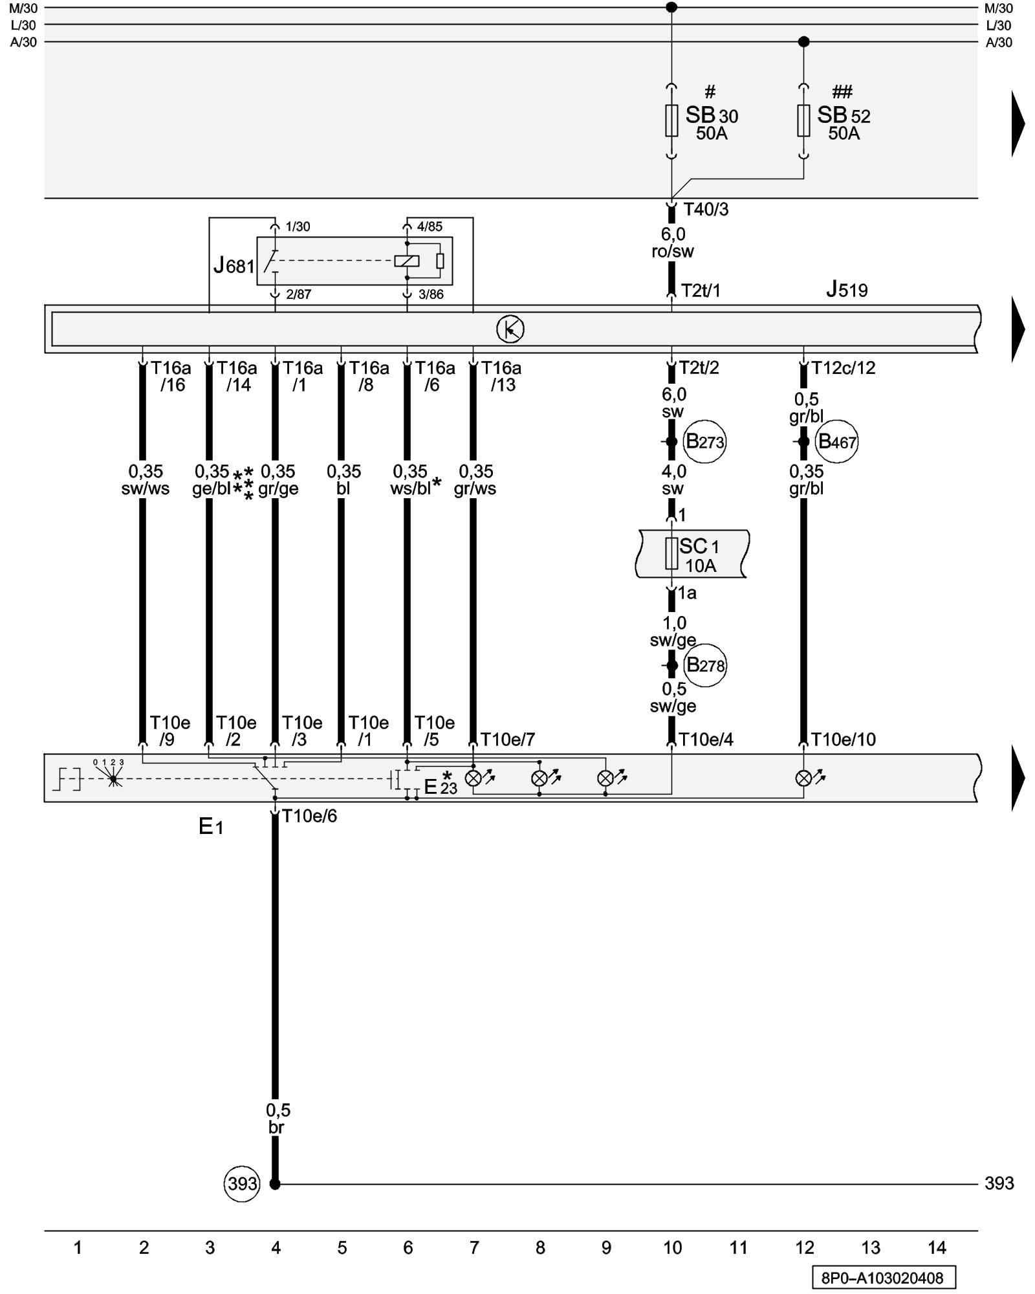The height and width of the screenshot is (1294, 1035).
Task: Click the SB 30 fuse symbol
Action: [x=671, y=121]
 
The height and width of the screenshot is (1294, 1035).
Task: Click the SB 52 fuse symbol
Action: [x=803, y=121]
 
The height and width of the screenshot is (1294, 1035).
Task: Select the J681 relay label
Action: [x=234, y=265]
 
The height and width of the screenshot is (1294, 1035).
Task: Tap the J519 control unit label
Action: [x=847, y=289]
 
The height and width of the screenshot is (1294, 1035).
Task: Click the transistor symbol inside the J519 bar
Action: [x=510, y=329]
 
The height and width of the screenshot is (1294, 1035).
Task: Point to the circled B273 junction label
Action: [x=704, y=442]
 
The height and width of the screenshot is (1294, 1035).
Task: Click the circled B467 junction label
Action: [x=837, y=442]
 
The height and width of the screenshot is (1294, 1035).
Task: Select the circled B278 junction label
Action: [x=705, y=665]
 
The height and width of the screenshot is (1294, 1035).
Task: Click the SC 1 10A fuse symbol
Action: [x=671, y=554]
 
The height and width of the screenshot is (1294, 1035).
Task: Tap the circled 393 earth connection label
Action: [x=242, y=1184]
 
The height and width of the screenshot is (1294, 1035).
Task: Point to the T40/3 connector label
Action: [x=706, y=210]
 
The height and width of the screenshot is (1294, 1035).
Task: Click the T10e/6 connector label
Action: [x=309, y=817]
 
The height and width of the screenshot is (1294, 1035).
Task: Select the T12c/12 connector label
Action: [x=844, y=368]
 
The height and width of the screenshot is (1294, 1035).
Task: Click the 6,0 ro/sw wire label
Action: [x=673, y=243]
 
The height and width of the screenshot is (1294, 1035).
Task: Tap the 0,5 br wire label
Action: [x=278, y=1119]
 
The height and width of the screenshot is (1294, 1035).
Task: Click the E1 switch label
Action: [x=211, y=826]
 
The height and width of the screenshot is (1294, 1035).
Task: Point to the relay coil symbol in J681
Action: [x=407, y=261]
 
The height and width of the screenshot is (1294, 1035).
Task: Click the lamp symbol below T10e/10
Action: [x=803, y=778]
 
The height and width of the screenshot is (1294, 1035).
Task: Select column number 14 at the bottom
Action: [x=937, y=1247]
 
